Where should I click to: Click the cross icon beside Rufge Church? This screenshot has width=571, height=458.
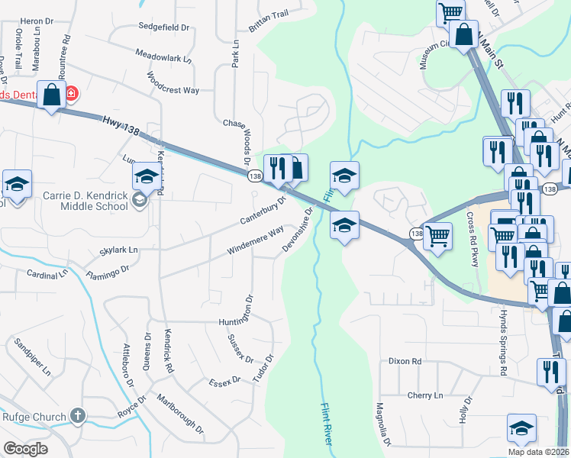coord(76,415)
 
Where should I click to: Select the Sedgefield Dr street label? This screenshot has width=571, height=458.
coord(163,26)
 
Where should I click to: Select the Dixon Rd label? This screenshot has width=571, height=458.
coord(405,361)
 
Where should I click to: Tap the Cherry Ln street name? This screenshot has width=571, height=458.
coord(425,395)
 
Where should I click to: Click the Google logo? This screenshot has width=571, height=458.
coord(25,448)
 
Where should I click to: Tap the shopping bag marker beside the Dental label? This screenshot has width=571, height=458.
coord(52,95)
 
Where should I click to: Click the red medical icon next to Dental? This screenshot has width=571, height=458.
coord(71,93)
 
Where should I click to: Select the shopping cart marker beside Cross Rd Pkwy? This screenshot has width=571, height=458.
coord(437,236)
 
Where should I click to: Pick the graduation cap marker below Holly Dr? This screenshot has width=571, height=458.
coord(521,428)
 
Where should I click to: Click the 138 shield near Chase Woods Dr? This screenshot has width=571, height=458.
coord(254,176)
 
